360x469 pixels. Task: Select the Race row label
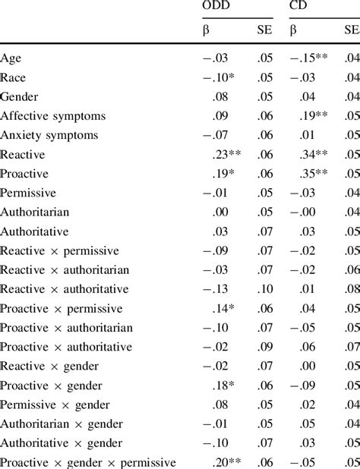pos(13,77)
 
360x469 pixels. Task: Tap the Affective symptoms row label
pos(53,115)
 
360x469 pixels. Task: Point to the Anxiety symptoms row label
pos(49,134)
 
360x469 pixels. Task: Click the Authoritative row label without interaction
pos(35,231)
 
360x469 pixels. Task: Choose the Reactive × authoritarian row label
pos(65,269)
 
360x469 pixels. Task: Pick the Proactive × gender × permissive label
pos(88,461)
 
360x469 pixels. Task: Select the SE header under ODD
pos(264,30)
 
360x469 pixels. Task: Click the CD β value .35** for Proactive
pos(314,173)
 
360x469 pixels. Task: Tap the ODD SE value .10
pos(263,288)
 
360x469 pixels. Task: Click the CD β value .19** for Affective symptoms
pos(314,115)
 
